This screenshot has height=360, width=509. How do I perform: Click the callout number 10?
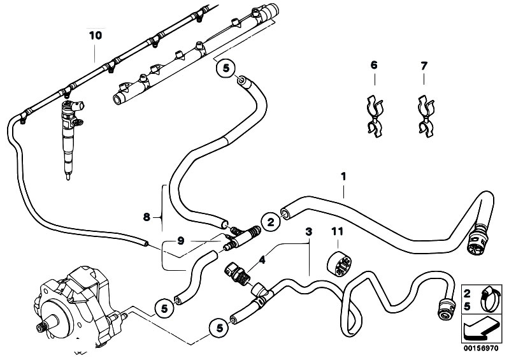tap(95, 36)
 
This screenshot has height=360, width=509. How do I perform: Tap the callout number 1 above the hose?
tap(343, 174)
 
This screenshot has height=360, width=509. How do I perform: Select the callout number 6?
tap(374, 65)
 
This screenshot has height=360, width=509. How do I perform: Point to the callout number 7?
tap(425, 65)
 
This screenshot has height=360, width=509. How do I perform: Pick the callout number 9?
tap(181, 240)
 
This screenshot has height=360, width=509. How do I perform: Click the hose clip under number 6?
tap(374, 115)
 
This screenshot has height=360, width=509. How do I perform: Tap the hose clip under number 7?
tap(425, 115)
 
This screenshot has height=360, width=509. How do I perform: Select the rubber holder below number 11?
tap(338, 265)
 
